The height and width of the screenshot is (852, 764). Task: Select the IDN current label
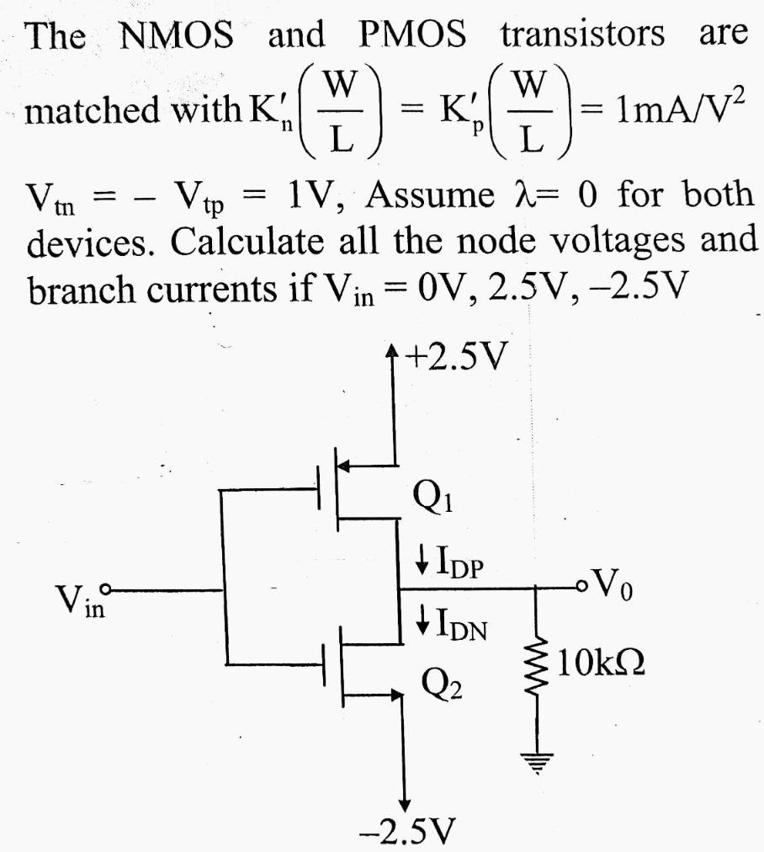click(451, 626)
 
